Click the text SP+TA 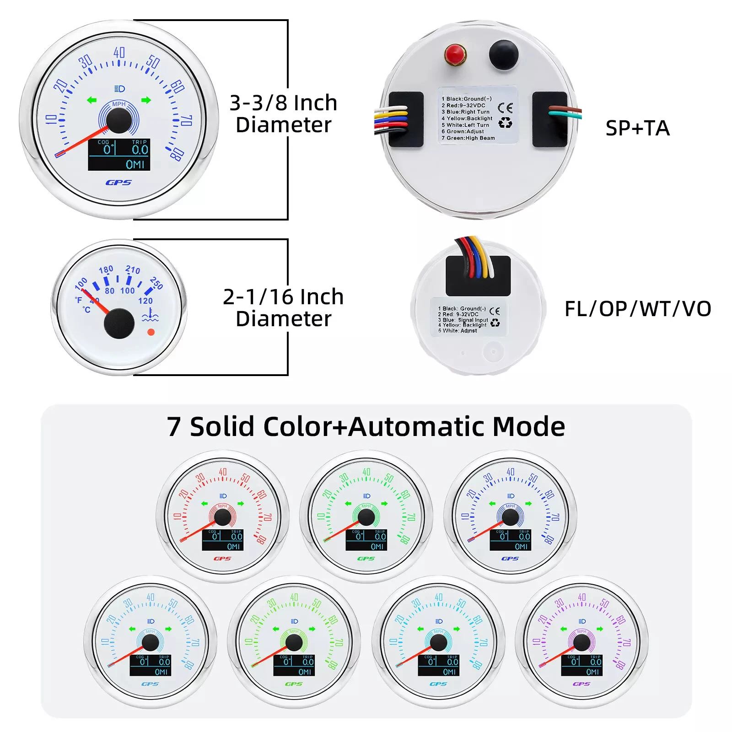(637, 128)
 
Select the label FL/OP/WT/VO (638, 309)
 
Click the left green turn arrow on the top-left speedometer (92, 100)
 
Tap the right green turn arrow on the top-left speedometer (146, 100)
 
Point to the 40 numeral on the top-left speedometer (119, 53)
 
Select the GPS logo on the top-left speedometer (118, 183)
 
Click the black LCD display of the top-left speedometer (119, 155)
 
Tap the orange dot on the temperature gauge (151, 332)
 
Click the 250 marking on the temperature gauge (156, 283)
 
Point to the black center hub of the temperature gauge (119, 323)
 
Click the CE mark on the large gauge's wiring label (505, 108)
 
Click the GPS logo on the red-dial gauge (222, 559)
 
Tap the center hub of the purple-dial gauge (581, 643)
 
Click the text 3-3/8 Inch (283, 103)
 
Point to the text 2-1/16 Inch (283, 297)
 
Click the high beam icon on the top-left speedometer (119, 89)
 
